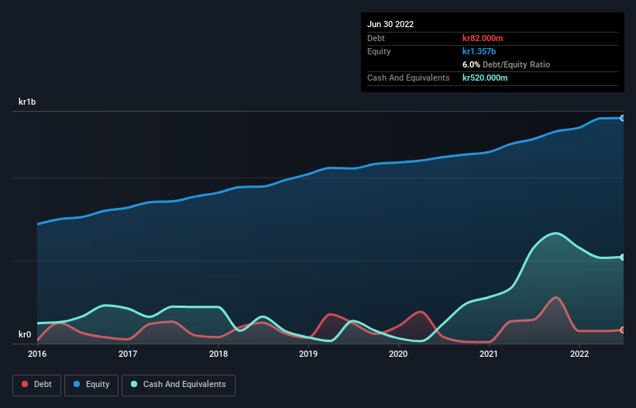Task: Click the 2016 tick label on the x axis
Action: [37, 354]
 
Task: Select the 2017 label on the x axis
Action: [128, 354]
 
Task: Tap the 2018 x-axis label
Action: [218, 354]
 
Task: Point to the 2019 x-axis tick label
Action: [308, 354]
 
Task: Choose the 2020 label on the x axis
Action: [398, 354]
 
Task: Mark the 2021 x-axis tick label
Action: [489, 354]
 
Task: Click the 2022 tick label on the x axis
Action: [579, 354]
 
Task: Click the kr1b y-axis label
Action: [28, 102]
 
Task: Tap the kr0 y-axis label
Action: [25, 335]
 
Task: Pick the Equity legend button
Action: [91, 385]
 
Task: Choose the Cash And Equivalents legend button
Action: [178, 385]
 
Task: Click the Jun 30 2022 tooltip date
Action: [390, 24]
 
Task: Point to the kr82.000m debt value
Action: [485, 38]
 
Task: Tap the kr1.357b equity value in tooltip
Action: [480, 51]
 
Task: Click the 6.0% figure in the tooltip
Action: [472, 64]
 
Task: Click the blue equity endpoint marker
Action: [623, 118]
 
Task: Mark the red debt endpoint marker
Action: [623, 330]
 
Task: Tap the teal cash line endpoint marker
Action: [623, 257]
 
